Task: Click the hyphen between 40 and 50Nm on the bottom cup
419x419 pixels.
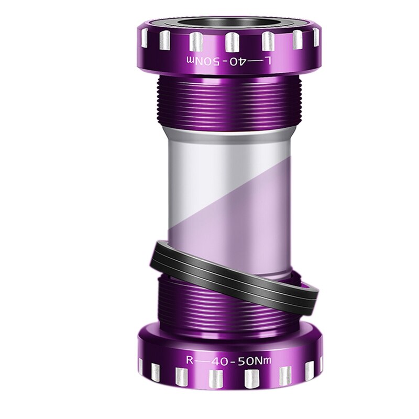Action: click(237, 361)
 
